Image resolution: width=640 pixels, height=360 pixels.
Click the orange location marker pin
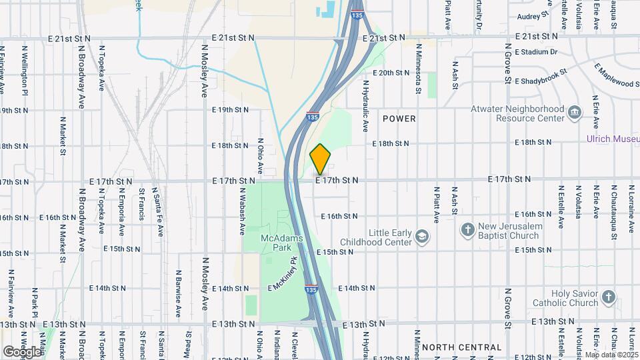coord(321,159)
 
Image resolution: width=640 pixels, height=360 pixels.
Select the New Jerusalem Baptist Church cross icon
coord(468,231)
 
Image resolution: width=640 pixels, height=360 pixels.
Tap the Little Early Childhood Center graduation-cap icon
coord(421,237)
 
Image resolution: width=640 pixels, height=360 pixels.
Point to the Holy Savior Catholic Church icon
coord(608,297)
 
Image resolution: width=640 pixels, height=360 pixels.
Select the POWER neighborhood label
coord(399,119)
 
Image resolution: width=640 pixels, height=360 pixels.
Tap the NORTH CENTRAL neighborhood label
coord(461,347)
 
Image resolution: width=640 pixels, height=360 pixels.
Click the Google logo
coord(21,351)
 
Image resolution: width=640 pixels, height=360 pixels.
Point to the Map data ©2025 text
coord(611,355)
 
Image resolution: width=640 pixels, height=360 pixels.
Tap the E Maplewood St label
coord(616,75)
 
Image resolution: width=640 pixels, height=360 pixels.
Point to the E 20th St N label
coord(391,73)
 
